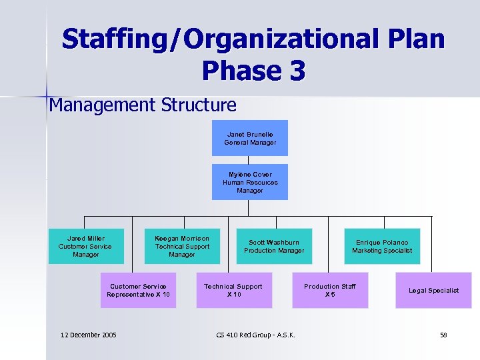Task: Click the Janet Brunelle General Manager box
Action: [249, 138]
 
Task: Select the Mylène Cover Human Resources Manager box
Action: [249, 182]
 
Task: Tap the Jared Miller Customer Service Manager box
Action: [86, 246]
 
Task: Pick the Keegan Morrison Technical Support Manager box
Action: [182, 246]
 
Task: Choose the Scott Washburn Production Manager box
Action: [274, 246]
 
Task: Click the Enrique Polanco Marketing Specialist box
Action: [382, 246]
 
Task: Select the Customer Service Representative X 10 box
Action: [139, 290]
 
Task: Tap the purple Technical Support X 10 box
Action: [233, 290]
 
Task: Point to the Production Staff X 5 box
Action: [330, 290]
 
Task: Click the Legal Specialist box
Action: [433, 290]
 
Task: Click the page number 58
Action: [443, 335]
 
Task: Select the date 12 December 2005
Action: [88, 335]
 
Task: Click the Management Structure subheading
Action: [143, 105]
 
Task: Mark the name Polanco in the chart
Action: [395, 243]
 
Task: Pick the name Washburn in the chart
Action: [283, 243]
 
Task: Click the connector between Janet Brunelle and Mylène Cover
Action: [249, 160]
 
